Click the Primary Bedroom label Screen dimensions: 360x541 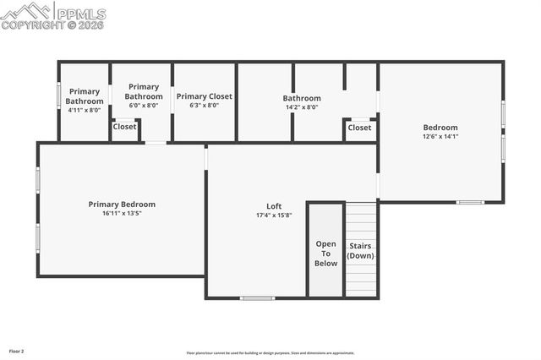[x=122, y=204]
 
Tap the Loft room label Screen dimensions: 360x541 [x=274, y=206]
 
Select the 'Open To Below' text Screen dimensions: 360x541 [x=326, y=254]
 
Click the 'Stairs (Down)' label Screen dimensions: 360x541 [x=361, y=251]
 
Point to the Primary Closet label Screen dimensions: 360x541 [x=204, y=96]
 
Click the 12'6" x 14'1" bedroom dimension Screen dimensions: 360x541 [x=440, y=136]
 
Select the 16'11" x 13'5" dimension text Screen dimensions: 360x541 [x=122, y=213]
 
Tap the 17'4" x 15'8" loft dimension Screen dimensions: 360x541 [x=274, y=215]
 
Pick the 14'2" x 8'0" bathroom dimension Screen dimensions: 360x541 [x=302, y=106]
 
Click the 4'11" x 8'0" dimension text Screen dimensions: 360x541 [x=85, y=110]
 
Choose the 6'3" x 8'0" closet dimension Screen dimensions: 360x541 [x=204, y=106]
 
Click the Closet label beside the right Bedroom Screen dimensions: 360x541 [x=359, y=128]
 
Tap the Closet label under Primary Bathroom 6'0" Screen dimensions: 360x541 [x=125, y=127]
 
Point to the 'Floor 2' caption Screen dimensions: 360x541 [x=17, y=351]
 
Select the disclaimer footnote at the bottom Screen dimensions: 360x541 [x=270, y=353]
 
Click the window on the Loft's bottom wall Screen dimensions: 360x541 [x=257, y=297]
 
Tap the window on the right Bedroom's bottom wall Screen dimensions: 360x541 [x=470, y=202]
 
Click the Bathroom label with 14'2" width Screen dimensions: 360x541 [x=302, y=98]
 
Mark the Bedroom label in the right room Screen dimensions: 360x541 [x=440, y=128]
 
